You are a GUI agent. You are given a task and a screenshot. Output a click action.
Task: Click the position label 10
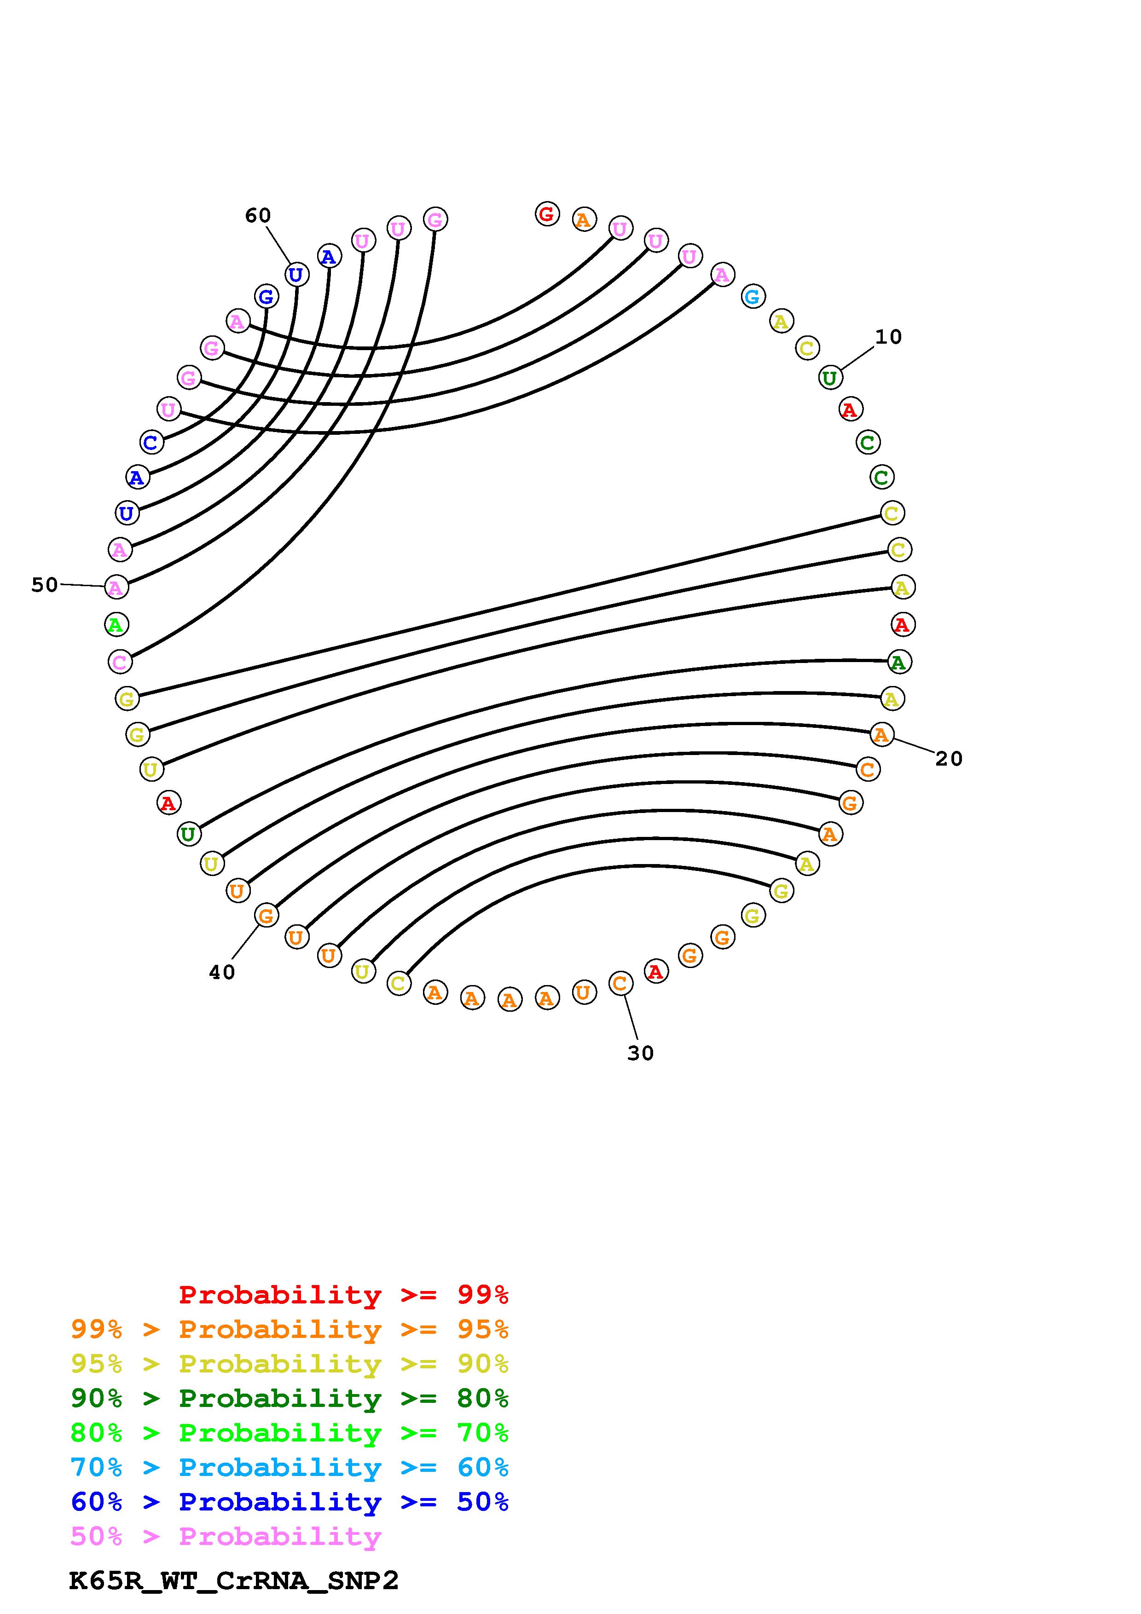tap(888, 337)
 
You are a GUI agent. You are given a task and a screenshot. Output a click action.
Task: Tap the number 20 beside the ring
tap(948, 759)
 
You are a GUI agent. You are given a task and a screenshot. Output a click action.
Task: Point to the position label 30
tap(640, 1053)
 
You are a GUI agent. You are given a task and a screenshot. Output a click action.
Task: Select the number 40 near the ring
tap(222, 973)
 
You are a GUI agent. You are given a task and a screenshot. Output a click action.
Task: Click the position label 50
tap(44, 585)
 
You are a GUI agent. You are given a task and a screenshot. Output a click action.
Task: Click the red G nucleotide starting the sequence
tap(547, 213)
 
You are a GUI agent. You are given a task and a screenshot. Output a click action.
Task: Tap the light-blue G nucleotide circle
tap(752, 297)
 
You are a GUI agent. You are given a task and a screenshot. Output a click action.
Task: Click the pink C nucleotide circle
tap(120, 662)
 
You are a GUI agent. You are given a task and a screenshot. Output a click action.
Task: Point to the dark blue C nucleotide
tap(151, 443)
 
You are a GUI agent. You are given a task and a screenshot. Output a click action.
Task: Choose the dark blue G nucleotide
tap(266, 297)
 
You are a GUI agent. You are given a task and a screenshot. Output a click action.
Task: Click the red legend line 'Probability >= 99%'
tap(343, 1295)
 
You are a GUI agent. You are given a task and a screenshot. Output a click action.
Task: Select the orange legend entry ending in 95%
tap(290, 1329)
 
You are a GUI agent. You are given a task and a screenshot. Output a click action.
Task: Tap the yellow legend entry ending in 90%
tap(290, 1364)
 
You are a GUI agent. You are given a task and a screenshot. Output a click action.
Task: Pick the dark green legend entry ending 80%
tap(290, 1398)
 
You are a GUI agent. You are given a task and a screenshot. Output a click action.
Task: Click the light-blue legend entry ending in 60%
tap(290, 1467)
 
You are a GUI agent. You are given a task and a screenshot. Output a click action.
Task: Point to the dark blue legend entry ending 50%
tap(290, 1502)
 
